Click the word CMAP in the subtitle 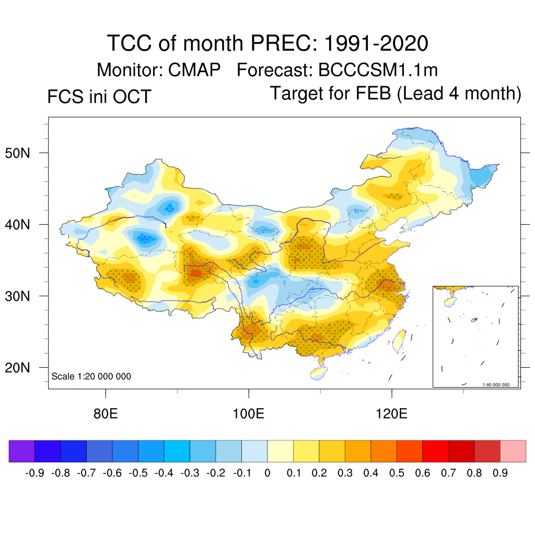[194, 69]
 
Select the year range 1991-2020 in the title [376, 43]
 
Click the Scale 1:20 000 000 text [91, 376]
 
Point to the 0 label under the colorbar [267, 473]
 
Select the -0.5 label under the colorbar [138, 473]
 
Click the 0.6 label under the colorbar [423, 473]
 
